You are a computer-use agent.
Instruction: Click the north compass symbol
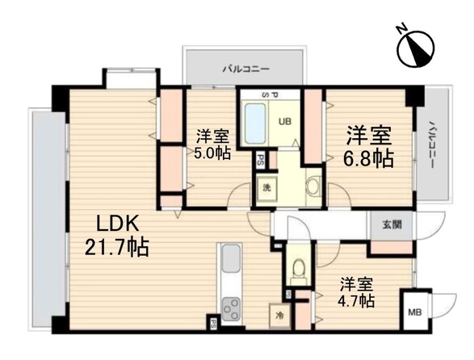click(x=416, y=48)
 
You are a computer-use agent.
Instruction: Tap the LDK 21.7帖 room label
click(x=117, y=236)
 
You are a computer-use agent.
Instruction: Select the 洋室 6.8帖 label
click(x=368, y=146)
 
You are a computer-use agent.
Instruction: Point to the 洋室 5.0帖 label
click(x=212, y=144)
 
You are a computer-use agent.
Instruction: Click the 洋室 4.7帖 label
click(x=357, y=292)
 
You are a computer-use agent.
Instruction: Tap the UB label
click(x=285, y=122)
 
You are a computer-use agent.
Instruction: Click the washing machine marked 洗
click(x=266, y=188)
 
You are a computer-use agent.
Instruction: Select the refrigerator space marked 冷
click(x=279, y=316)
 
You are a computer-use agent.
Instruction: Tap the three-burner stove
click(x=231, y=309)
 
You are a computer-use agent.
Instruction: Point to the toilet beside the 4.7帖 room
click(x=299, y=267)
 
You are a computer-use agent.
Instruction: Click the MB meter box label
click(x=415, y=312)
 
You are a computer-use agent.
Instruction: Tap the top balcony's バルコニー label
click(x=245, y=69)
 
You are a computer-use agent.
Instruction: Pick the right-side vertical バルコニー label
click(x=433, y=144)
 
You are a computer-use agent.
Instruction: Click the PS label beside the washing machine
click(x=260, y=161)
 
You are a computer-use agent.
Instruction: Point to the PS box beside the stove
click(x=213, y=324)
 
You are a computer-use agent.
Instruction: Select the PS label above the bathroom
click(x=270, y=95)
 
